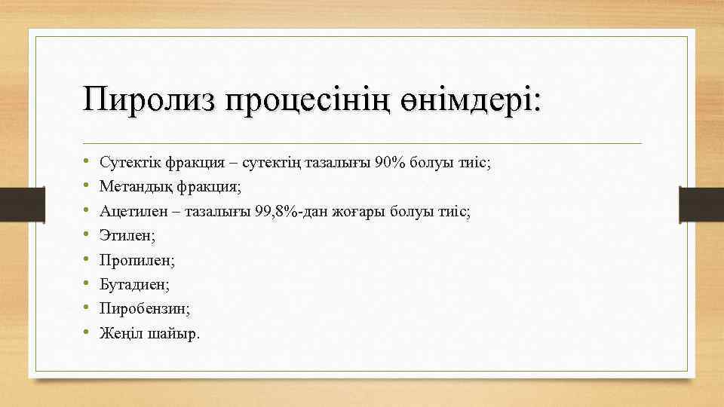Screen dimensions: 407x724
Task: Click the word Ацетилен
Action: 130,212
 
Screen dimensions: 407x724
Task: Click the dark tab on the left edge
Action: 14,204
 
